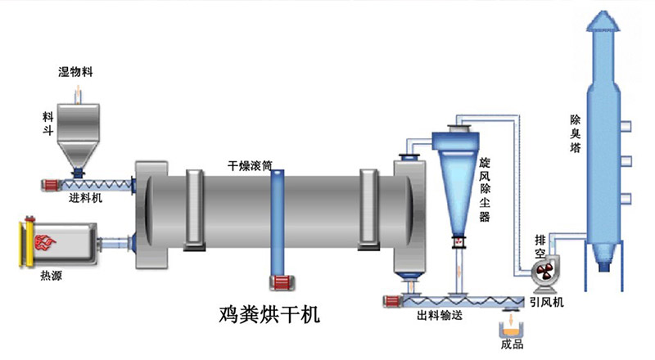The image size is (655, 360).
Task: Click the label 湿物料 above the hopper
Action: click(x=75, y=72)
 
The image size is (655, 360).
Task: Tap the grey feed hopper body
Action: click(x=79, y=123)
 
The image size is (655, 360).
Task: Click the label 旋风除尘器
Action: click(x=485, y=190)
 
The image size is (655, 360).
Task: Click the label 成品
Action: click(x=513, y=349)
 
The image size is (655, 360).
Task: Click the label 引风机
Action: click(x=547, y=302)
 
